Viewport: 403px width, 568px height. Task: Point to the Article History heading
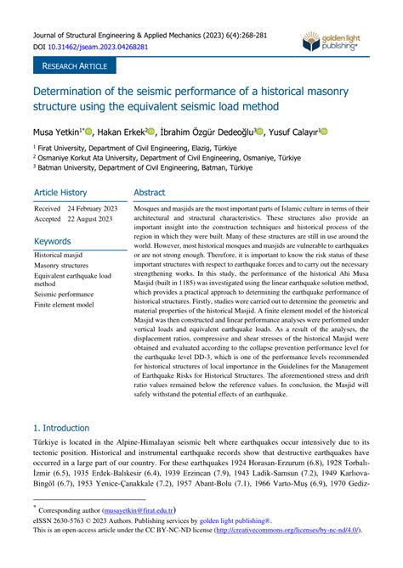(60, 193)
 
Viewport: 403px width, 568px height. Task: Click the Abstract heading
(150, 193)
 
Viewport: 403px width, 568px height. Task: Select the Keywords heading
(53, 241)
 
